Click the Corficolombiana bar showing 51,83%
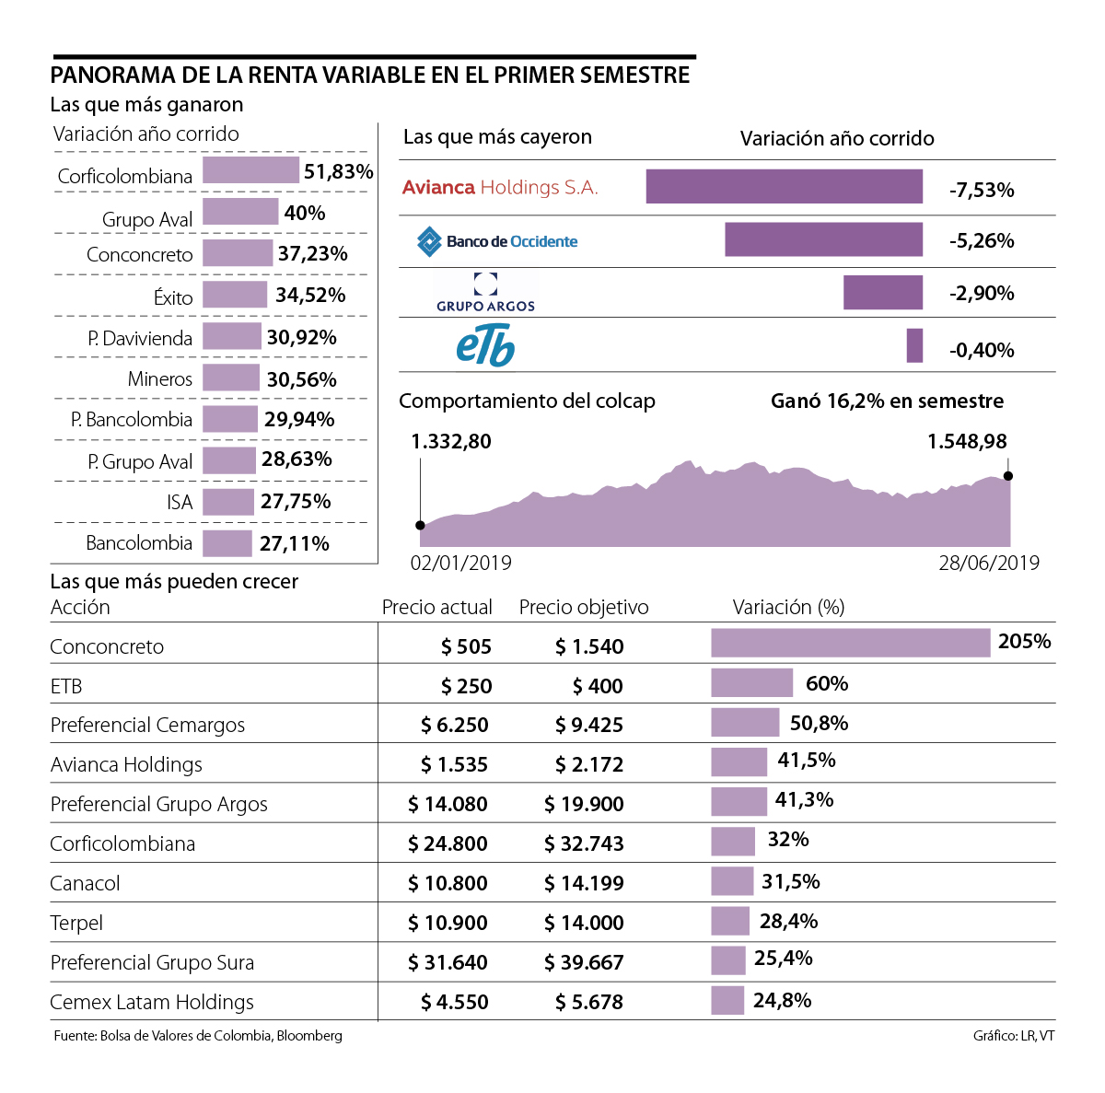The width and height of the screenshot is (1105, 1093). point(250,170)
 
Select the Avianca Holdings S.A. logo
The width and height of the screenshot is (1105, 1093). point(500,188)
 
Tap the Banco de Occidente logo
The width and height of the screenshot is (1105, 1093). point(497,241)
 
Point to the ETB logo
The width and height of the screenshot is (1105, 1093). point(485,346)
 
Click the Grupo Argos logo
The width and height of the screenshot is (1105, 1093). point(485,293)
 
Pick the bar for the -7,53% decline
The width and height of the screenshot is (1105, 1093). point(784,187)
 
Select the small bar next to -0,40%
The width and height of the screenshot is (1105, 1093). point(914,346)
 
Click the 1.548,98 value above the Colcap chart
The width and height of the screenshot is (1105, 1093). point(967,442)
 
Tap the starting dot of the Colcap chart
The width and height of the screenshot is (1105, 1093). point(421,526)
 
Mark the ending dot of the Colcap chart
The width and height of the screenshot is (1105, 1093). point(1008,476)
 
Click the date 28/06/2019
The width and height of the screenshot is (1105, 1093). point(988,564)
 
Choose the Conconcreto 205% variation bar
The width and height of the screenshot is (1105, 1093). point(850,643)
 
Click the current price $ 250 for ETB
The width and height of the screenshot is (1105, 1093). point(466,687)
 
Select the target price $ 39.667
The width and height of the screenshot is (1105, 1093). point(584,963)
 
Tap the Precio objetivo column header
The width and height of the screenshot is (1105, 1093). point(584,608)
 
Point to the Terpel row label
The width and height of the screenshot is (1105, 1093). point(76,924)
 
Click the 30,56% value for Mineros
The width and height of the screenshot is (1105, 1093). point(301,379)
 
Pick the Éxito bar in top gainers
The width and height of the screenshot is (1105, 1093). point(235,295)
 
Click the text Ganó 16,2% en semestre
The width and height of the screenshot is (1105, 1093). point(887,401)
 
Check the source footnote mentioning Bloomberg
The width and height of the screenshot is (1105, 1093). point(198,1036)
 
